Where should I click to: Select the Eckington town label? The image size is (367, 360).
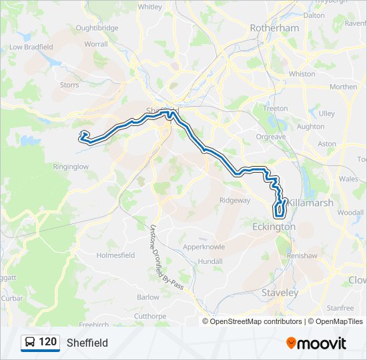tap(274, 227)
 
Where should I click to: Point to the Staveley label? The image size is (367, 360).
tap(280, 293)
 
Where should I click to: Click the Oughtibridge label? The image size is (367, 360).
tap(97, 28)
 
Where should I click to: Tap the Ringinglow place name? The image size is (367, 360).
tap(71, 167)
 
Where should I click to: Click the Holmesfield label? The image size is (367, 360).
tap(116, 255)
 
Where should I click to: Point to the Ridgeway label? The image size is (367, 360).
tap(236, 200)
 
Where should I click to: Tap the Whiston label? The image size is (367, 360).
tap(302, 74)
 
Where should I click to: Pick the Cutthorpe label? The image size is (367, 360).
tap(149, 316)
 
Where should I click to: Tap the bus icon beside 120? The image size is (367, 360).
tap(30, 343)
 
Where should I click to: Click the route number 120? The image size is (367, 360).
tap(47, 342)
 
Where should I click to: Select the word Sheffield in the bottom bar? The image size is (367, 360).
tap(87, 343)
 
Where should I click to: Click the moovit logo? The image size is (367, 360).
tap(316, 343)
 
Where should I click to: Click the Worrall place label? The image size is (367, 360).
tap(96, 44)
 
